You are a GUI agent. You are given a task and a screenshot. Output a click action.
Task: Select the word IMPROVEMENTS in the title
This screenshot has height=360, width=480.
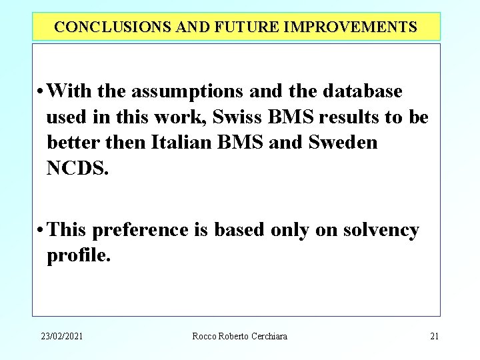pos(351,27)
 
